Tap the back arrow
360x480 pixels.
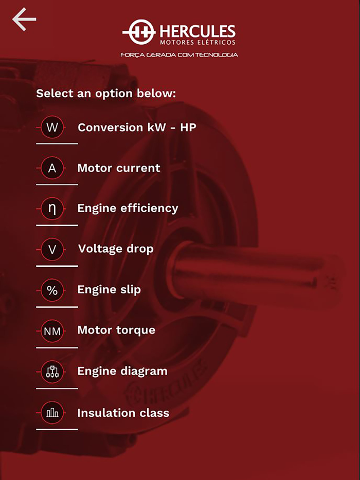tap(24, 20)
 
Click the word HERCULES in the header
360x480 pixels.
tap(197, 31)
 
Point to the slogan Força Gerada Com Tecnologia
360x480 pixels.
tap(179, 55)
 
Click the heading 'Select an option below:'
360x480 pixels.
tap(106, 93)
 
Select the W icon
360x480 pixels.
tap(52, 127)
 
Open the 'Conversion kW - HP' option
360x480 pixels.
tap(137, 127)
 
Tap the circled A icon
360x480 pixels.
tap(52, 168)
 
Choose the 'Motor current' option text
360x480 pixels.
tap(119, 168)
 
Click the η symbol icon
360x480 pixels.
tap(52, 209)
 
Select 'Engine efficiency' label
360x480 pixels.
tap(128, 209)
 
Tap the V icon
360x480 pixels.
tap(52, 249)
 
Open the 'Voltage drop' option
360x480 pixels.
tap(116, 249)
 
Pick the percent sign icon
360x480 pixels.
tap(52, 290)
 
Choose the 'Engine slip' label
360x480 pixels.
tap(109, 289)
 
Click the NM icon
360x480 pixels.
tap(52, 331)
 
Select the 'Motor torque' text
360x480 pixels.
tap(116, 330)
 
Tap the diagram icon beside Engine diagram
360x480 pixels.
tap(52, 372)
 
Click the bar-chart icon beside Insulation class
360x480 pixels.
tap(52, 413)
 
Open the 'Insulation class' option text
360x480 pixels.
tap(123, 413)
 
